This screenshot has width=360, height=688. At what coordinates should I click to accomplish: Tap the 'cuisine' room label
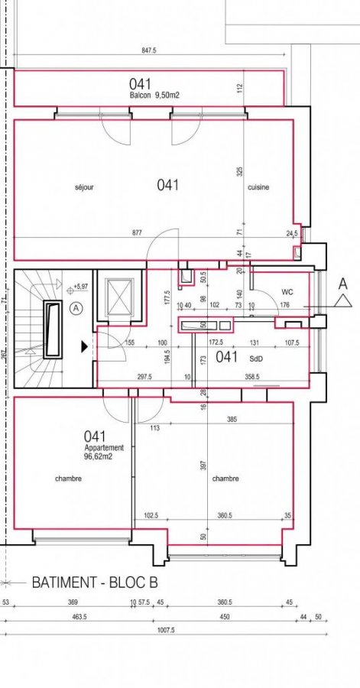(x=258, y=187)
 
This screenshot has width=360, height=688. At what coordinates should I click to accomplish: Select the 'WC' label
(x=288, y=292)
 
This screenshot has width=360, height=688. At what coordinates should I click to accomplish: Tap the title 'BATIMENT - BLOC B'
(x=94, y=583)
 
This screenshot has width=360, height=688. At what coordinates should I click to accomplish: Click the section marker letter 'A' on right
(x=342, y=283)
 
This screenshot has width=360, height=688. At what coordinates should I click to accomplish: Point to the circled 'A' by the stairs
(x=76, y=309)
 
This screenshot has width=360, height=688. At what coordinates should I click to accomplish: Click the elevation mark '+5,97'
(x=79, y=287)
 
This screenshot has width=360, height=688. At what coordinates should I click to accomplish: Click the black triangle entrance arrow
(x=84, y=346)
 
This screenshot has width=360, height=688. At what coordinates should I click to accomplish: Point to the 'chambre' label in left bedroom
(x=68, y=479)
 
